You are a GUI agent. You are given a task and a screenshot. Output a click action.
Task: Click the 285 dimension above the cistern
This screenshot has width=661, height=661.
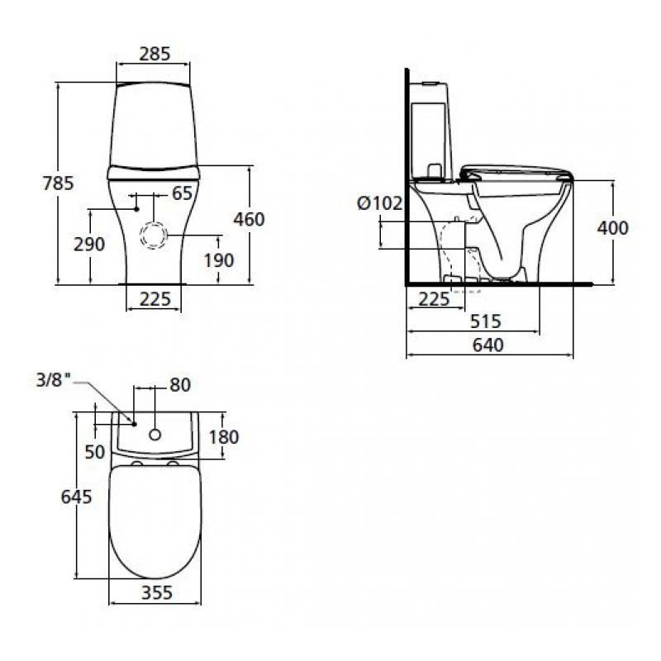pos(155,54)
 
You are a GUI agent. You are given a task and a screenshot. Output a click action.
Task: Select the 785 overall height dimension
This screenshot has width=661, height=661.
pos(59,183)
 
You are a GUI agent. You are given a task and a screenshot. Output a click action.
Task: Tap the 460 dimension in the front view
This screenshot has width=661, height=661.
pos(249,219)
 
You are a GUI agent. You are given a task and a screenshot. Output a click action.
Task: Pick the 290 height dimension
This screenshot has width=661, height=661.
pos(90,244)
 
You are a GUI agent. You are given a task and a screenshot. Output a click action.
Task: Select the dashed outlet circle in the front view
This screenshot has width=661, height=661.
pos(154,235)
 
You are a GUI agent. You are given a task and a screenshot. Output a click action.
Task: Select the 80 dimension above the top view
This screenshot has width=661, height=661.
pos(179,384)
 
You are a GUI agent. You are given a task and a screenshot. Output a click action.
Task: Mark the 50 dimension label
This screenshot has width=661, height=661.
pos(95,451)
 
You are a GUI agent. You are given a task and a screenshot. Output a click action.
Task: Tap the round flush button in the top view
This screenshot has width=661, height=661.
pos(155,434)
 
